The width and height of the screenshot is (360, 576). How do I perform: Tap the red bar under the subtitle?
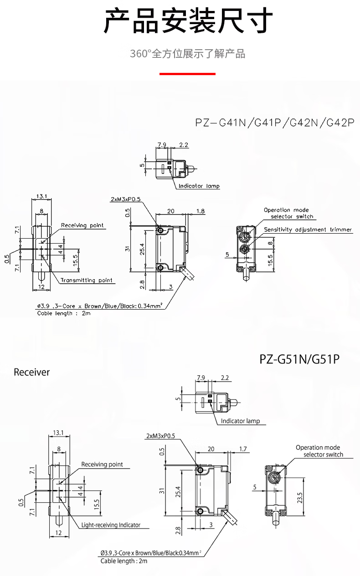pyautogui.click(x=187, y=73)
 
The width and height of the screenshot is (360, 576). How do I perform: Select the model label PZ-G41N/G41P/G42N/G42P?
pyautogui.click(x=274, y=123)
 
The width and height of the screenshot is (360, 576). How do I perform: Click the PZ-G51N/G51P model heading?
pyautogui.click(x=299, y=359)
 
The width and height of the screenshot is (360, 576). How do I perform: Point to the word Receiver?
pyautogui.click(x=32, y=372)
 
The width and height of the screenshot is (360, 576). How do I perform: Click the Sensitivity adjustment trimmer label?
pyautogui.click(x=308, y=230)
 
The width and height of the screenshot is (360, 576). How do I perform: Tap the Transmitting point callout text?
pyautogui.click(x=87, y=280)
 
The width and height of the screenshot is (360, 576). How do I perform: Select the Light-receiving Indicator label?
pyautogui.click(x=111, y=525)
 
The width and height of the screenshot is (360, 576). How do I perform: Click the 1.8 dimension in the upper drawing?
pyautogui.click(x=201, y=211)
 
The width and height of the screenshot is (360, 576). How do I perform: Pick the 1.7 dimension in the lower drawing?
pyautogui.click(x=243, y=449)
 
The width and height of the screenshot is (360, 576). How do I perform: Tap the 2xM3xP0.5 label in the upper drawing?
pyautogui.click(x=126, y=199)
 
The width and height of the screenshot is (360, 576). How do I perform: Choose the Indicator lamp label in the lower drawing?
pyautogui.click(x=240, y=421)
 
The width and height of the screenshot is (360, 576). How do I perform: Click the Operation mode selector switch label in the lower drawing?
pyautogui.click(x=319, y=451)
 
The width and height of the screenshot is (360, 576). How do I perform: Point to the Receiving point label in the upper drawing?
pyautogui.click(x=82, y=225)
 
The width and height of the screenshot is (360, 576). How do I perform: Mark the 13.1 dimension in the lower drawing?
pyautogui.click(x=58, y=432)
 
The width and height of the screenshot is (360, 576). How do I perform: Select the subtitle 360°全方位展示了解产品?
pyautogui.click(x=187, y=54)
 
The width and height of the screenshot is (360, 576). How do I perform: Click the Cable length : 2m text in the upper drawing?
pyautogui.click(x=64, y=313)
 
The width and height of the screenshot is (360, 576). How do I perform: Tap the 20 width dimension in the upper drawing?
pyautogui.click(x=171, y=211)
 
